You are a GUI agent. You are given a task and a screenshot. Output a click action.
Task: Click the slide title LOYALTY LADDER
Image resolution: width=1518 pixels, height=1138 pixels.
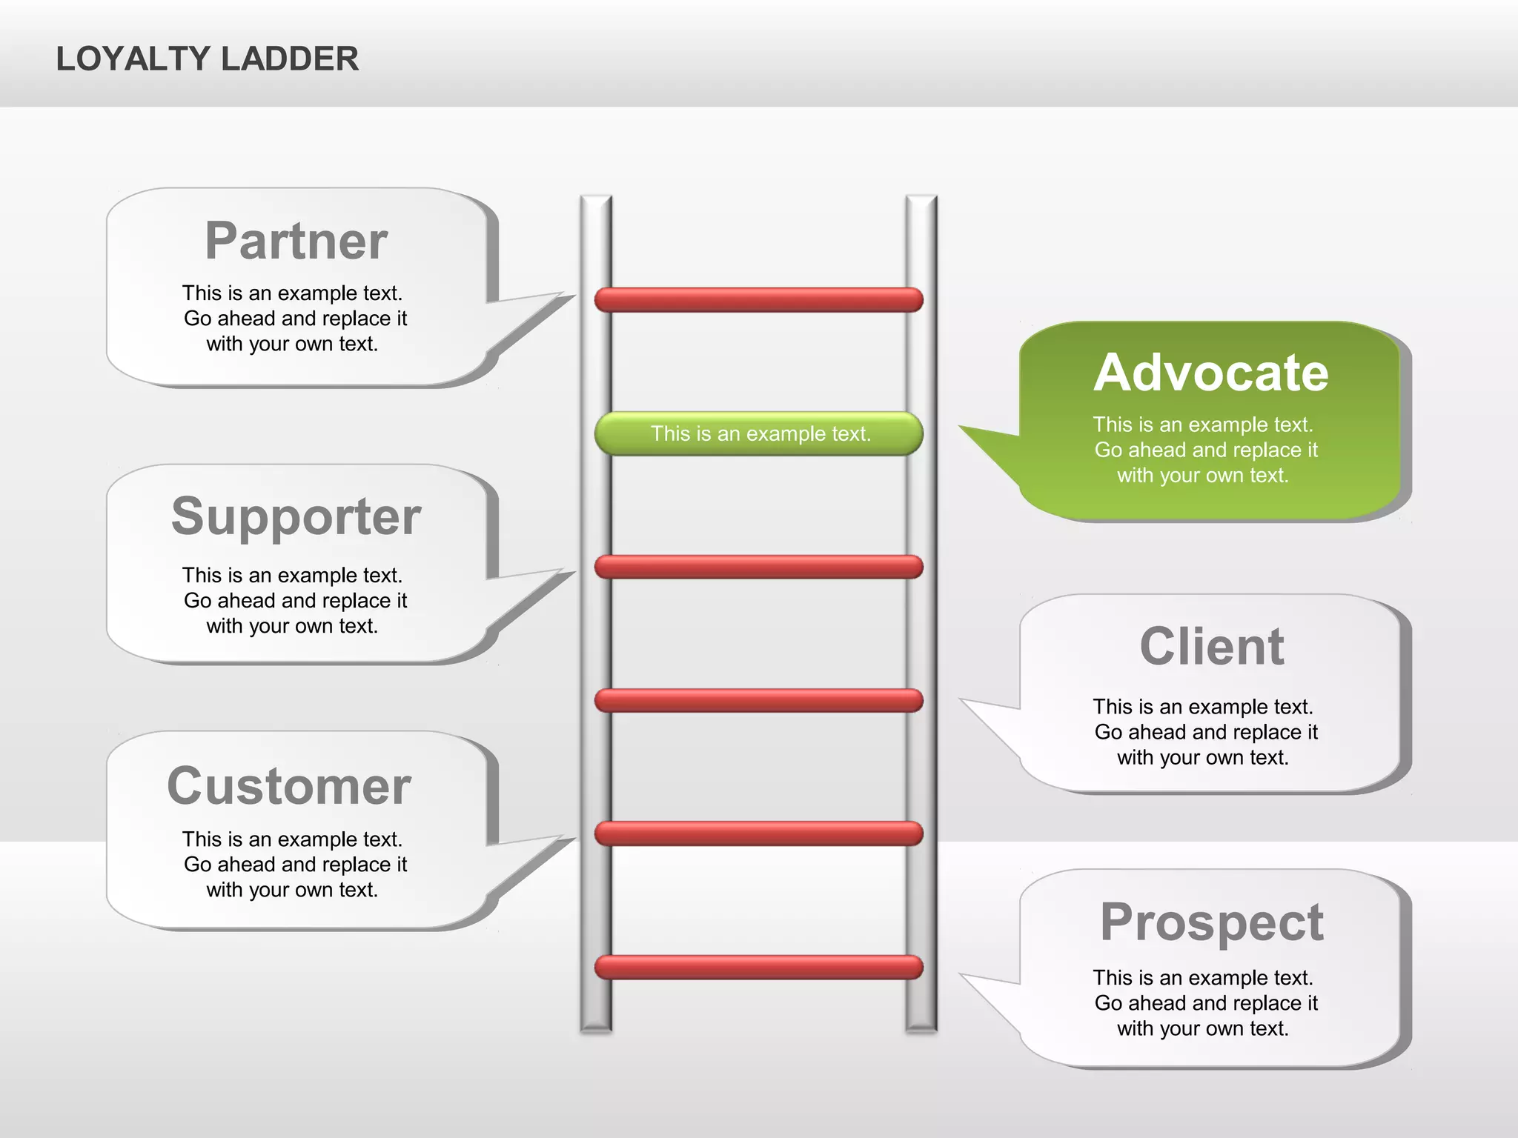point(207,59)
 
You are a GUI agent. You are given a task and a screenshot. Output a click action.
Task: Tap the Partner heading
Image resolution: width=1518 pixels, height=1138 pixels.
point(296,241)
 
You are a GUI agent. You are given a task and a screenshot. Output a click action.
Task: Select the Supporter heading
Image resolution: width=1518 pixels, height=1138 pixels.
point(296,516)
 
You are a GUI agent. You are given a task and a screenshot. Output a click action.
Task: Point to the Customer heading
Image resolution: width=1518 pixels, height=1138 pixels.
point(289,786)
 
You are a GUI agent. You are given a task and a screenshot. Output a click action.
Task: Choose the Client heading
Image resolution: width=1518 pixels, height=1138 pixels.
point(1211,647)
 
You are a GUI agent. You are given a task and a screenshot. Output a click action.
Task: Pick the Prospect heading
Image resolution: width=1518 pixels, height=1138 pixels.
point(1211,922)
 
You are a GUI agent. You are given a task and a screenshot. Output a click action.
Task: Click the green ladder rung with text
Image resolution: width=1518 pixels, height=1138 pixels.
point(759,433)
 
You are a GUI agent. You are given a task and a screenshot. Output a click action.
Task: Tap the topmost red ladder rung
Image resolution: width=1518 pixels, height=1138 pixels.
point(759,300)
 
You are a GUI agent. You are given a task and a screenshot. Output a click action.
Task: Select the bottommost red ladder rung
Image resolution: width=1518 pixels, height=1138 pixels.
point(759,967)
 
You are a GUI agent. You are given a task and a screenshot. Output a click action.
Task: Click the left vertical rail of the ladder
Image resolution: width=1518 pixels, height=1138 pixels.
point(596,630)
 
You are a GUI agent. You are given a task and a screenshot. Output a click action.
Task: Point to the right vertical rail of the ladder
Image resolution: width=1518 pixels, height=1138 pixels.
point(921,630)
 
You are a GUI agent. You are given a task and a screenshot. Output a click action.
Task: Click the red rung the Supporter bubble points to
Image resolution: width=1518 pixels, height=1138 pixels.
point(759,567)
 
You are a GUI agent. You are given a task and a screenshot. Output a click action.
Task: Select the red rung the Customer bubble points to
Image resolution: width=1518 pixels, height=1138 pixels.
point(759,833)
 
